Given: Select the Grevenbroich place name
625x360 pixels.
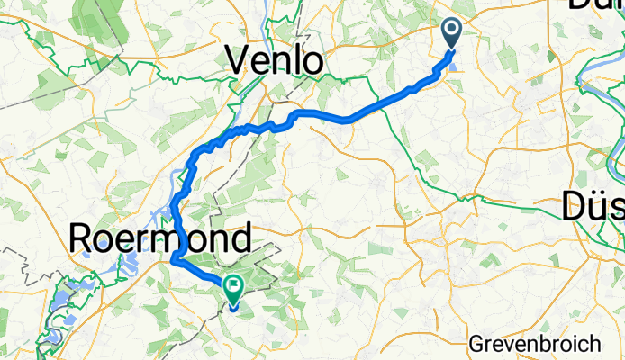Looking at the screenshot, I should coord(535,343).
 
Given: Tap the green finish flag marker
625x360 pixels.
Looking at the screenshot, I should coord(233,291).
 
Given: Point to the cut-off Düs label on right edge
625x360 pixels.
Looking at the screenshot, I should coord(593,209).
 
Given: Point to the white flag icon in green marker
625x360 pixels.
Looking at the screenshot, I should coord(233,288).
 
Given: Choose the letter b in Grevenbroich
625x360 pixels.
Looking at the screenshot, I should coord(553,343).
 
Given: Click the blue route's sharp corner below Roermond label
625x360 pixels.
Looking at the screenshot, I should coord(171,261).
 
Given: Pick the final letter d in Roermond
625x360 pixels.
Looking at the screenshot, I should coord(239,239).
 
